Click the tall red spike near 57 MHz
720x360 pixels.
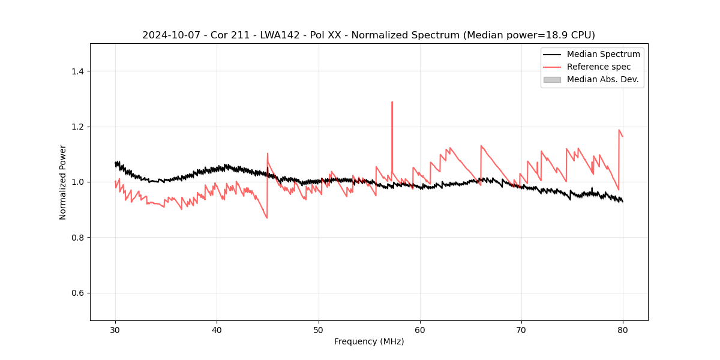pyautogui.click(x=392, y=103)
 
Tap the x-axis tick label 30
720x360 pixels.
pyautogui.click(x=115, y=330)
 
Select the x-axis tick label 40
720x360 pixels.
pyautogui.click(x=217, y=330)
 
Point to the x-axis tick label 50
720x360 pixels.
pyautogui.click(x=319, y=330)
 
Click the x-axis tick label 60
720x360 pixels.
pyautogui.click(x=420, y=330)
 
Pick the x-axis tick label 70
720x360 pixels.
pyautogui.click(x=521, y=330)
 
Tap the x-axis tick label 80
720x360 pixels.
pyautogui.click(x=623, y=330)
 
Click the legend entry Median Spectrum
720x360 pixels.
pyautogui.click(x=603, y=54)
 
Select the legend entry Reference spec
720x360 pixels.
pyautogui.click(x=598, y=67)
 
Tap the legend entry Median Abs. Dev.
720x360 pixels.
pyautogui.click(x=602, y=79)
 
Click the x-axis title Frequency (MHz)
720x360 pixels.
pyautogui.click(x=369, y=341)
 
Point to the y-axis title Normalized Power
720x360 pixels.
pyautogui.click(x=63, y=182)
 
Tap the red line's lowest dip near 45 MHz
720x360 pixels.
pyautogui.click(x=266, y=217)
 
